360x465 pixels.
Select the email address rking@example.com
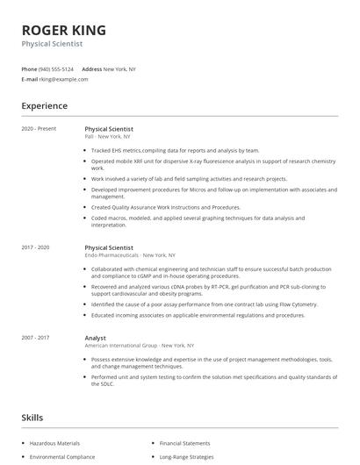(x=63, y=79)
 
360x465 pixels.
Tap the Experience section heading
(x=44, y=106)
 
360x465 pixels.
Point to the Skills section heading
(x=32, y=418)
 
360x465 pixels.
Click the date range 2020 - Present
(x=39, y=128)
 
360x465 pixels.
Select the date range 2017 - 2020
(x=37, y=247)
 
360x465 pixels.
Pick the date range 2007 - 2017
(x=37, y=338)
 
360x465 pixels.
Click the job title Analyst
(x=95, y=338)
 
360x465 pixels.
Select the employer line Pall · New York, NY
(x=108, y=136)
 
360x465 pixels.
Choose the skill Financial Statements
(x=184, y=444)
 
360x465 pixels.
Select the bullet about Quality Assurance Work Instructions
(x=165, y=207)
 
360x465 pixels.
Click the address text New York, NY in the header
(x=119, y=68)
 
